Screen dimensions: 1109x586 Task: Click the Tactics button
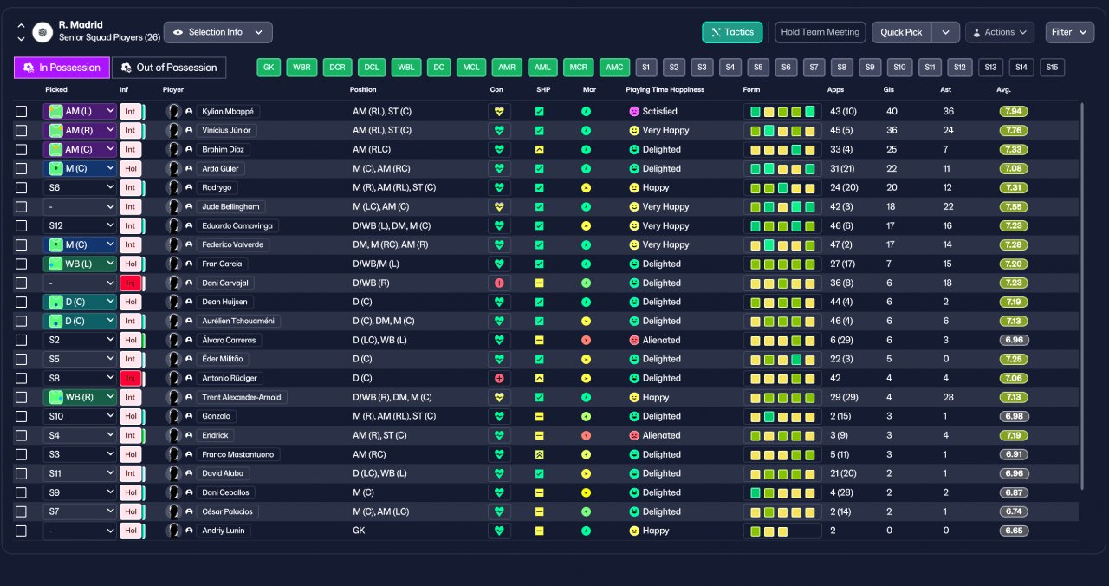732,32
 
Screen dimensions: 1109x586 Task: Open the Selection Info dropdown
217,32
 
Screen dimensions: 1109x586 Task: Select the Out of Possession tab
169,68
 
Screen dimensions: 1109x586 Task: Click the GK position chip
269,68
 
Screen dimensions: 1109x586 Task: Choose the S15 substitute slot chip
1052,68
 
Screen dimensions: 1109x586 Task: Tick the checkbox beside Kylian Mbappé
22,112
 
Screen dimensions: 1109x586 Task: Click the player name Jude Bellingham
230,206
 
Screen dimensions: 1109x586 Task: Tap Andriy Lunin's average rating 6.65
1014,531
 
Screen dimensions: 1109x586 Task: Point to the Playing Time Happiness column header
665,89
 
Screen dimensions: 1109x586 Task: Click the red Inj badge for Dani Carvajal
131,283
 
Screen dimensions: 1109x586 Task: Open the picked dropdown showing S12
80,226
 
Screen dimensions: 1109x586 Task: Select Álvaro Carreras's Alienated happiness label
661,341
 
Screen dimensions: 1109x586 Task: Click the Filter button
1069,32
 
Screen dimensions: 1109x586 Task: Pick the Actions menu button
1000,32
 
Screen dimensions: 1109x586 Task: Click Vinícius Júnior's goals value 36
892,130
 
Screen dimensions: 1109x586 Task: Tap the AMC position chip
614,68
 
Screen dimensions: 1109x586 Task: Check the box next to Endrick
22,435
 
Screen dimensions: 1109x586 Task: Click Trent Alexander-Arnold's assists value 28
948,397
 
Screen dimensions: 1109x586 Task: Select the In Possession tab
62,68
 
